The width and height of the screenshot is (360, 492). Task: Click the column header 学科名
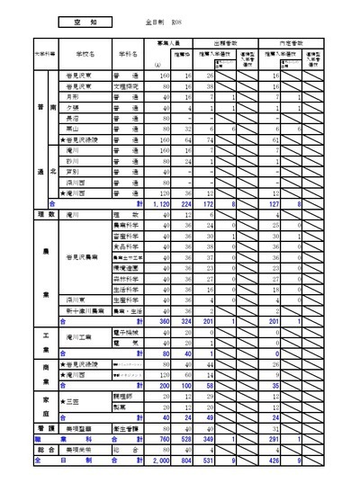[126, 54]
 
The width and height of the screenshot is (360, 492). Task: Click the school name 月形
[72, 96]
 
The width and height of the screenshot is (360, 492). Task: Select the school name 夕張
[72, 107]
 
